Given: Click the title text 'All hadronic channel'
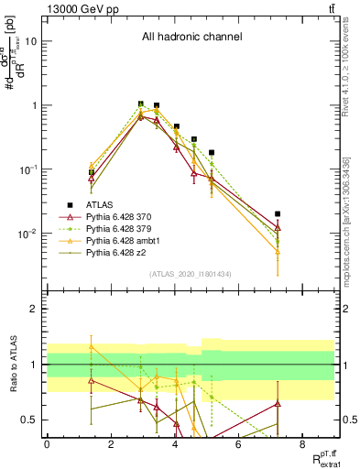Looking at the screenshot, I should tap(191, 37).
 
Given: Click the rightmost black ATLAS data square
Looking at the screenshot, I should tap(278, 213).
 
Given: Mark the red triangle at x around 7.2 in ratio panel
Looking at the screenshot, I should tap(278, 403).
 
